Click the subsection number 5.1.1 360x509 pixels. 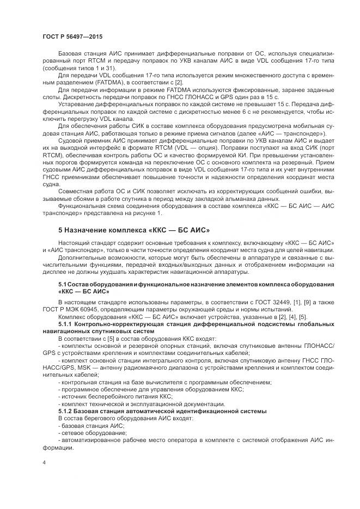point(66,324)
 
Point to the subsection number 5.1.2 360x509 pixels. point(66,411)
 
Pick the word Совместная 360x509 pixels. point(75,192)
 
